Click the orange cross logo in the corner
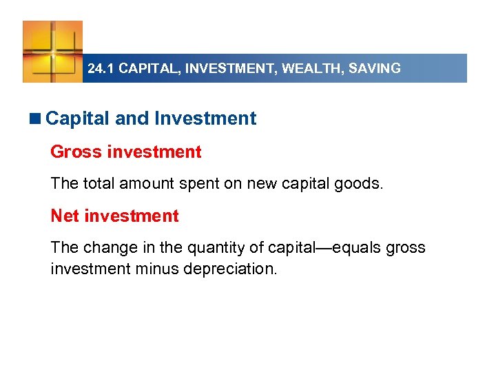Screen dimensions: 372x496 click(x=52, y=51)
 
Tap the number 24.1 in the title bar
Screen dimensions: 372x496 click(x=101, y=69)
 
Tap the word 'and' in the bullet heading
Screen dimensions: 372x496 click(x=132, y=118)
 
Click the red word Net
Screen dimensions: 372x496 click(x=65, y=216)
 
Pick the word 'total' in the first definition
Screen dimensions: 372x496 click(x=101, y=184)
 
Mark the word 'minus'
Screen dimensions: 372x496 click(x=159, y=269)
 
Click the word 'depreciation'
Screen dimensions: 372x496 click(x=230, y=269)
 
